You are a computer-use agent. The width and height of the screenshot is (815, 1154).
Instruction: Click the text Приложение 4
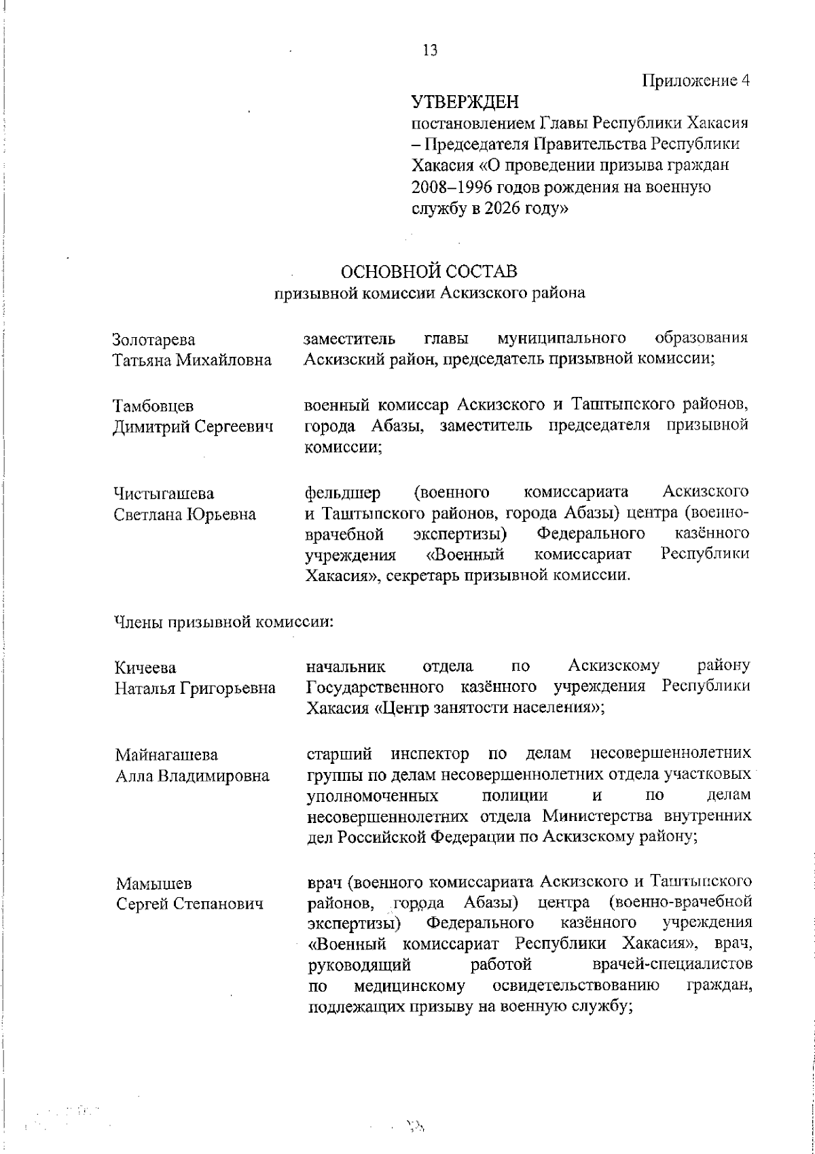coord(697,81)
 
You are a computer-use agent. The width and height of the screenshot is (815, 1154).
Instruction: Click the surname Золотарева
coord(153,340)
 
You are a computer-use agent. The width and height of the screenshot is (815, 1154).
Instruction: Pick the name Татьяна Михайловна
coord(192,360)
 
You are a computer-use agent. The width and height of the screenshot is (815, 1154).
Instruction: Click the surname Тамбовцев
coord(153,406)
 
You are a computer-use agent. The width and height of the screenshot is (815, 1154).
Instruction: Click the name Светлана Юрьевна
coord(185,514)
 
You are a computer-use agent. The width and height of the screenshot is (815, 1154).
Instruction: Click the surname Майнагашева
coord(166,755)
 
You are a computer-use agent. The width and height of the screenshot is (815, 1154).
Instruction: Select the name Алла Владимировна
coord(192,775)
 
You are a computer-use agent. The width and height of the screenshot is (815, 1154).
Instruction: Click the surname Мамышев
coord(153,884)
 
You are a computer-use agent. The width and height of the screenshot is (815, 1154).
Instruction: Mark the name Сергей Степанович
coord(189,905)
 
